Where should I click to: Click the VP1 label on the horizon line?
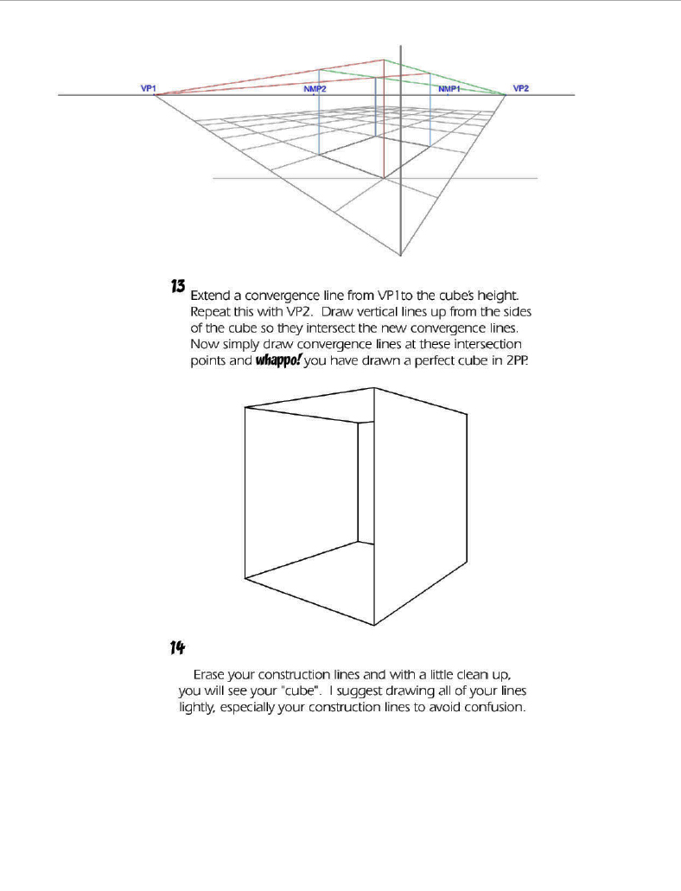148,88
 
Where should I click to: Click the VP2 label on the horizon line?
521,88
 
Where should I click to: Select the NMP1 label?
449,90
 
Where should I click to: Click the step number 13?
178,285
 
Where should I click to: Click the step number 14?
178,646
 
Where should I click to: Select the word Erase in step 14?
212,673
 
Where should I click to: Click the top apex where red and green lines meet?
385,60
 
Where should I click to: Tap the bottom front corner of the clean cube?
373,625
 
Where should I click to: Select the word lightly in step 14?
200,707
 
